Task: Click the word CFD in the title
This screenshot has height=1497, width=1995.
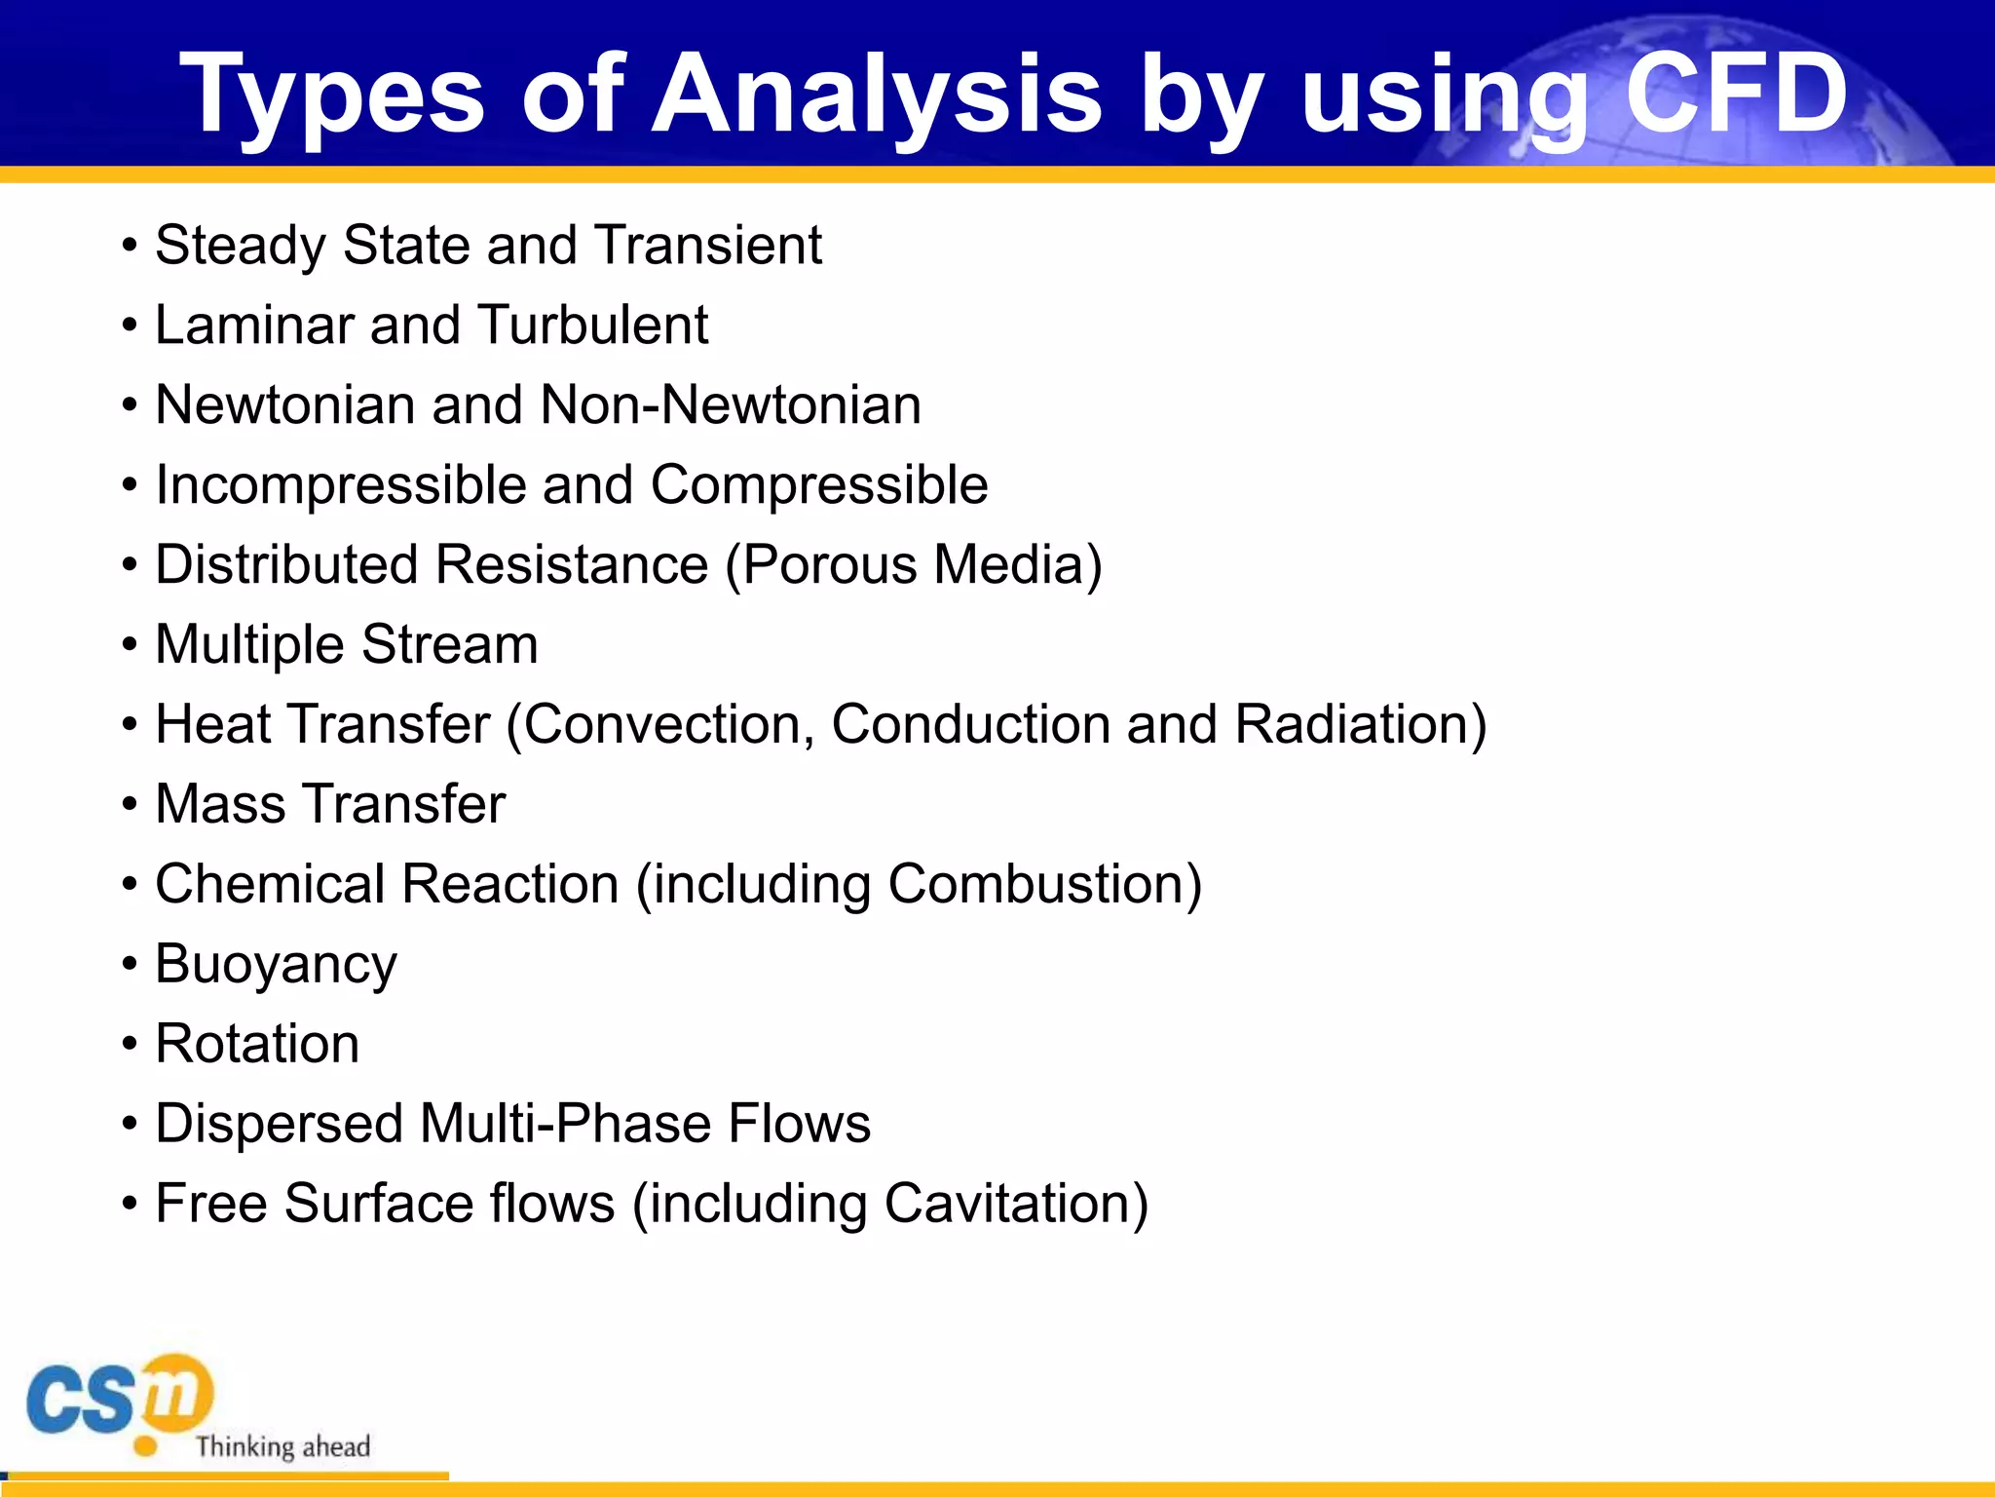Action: click(1736, 93)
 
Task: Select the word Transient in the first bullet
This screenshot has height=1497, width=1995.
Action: click(708, 245)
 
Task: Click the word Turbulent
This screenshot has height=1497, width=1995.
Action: click(593, 325)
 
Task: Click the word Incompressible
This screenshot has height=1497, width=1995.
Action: click(340, 485)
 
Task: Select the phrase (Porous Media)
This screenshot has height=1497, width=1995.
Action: click(914, 565)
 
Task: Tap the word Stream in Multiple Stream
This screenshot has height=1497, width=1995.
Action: click(449, 645)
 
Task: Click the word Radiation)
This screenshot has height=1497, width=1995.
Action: click(1360, 725)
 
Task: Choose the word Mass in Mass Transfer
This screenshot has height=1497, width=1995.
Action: click(220, 805)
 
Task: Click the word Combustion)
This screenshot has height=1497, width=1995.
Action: click(1044, 885)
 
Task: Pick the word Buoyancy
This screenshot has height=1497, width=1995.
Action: click(276, 965)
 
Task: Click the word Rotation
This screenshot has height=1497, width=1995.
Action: click(257, 1044)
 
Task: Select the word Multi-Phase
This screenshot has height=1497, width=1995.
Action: click(565, 1124)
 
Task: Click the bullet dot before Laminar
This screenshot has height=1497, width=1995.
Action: click(130, 326)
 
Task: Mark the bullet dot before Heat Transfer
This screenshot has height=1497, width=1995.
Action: click(130, 726)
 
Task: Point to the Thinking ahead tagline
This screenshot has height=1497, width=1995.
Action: click(282, 1446)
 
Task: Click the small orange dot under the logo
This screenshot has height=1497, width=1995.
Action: click(145, 1446)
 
